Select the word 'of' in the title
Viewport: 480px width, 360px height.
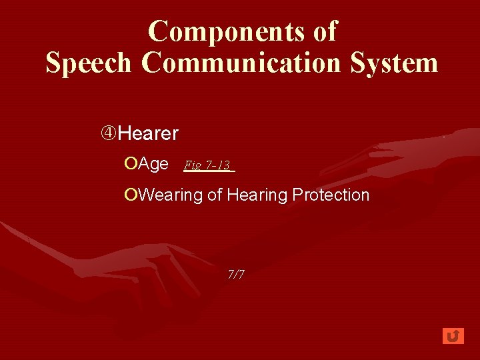coord(324,31)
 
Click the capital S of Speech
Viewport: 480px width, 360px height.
coord(53,63)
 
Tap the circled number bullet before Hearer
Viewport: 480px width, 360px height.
coord(109,133)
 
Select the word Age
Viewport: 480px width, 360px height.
coord(153,164)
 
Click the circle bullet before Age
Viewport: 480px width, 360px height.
coord(131,164)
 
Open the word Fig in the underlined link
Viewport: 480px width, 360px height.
coord(192,165)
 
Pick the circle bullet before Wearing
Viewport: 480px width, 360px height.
coord(131,195)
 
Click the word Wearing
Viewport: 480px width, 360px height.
coord(171,195)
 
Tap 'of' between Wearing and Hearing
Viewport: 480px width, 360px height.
coord(215,195)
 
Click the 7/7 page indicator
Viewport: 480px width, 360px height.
coord(236,274)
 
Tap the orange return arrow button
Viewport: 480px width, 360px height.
coord(453,335)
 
